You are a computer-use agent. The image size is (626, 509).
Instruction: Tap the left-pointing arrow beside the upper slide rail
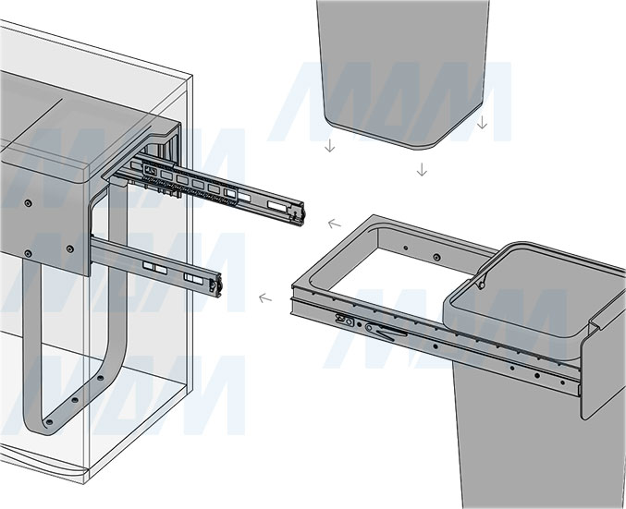[335, 224]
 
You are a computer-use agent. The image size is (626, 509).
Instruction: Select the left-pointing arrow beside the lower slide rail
[265, 298]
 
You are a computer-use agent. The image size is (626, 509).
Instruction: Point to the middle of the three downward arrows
[422, 170]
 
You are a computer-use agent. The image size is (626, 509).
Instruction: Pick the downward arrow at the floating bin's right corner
[483, 122]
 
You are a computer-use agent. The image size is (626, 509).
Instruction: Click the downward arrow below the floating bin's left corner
[330, 146]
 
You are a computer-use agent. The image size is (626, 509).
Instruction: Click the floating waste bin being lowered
[403, 72]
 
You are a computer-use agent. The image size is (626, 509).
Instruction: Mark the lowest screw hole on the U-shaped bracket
[49, 421]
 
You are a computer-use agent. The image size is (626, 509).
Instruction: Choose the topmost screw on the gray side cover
[28, 204]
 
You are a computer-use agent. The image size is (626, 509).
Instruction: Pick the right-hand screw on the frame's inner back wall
[436, 257]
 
